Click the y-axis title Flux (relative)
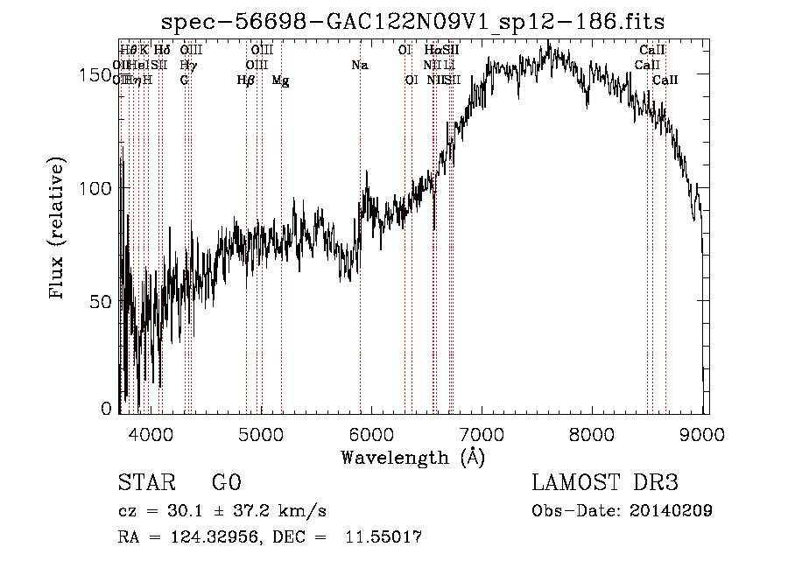point(59,229)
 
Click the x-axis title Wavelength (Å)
point(412,457)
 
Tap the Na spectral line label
point(359,66)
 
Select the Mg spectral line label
point(280,81)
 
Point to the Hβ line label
point(246,81)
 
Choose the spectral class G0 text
point(226,483)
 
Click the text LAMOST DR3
point(605,483)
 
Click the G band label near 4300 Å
point(184,81)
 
